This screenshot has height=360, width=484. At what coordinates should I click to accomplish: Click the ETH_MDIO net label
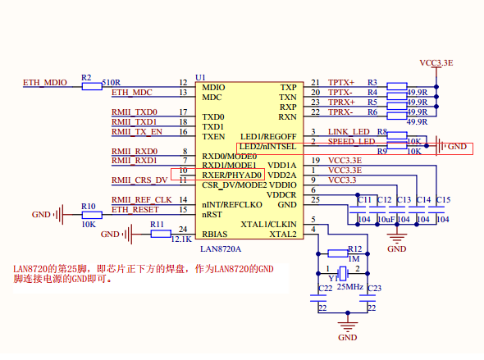[44, 83]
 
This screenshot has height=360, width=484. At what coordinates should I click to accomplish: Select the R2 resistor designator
[86, 77]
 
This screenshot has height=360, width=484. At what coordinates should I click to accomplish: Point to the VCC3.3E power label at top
[436, 62]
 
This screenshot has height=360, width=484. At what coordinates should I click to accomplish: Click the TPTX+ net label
[341, 83]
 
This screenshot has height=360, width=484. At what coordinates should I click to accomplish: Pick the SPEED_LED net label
[351, 141]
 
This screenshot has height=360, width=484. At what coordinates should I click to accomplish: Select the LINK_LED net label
[349, 131]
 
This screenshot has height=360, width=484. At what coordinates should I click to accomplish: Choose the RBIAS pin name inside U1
[215, 235]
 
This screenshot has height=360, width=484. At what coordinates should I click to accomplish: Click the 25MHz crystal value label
[349, 285]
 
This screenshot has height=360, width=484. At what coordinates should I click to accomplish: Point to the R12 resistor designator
[354, 248]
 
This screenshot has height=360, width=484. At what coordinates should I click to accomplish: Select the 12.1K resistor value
[181, 239]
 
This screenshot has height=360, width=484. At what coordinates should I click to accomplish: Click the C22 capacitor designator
[325, 289]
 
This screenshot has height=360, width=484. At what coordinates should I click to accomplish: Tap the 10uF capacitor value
[385, 219]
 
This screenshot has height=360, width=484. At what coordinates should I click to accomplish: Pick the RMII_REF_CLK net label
[141, 199]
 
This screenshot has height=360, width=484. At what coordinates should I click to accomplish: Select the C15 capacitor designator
[443, 200]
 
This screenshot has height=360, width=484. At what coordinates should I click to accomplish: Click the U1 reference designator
[199, 75]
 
